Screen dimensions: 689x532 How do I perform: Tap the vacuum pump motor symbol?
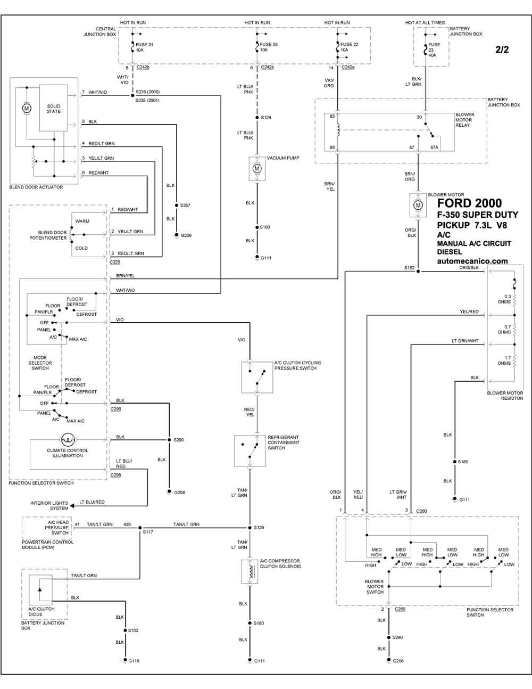pyautogui.click(x=257, y=168)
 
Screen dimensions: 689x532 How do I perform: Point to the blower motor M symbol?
pyautogui.click(x=418, y=206)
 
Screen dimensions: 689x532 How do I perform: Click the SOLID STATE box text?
pyautogui.click(x=54, y=109)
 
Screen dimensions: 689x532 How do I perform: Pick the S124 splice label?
pyautogui.click(x=266, y=117)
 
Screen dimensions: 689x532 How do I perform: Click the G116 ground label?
pyautogui.click(x=133, y=661)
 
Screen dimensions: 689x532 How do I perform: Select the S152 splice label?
pyautogui.click(x=409, y=268)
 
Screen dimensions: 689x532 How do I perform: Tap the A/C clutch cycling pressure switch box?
pyautogui.click(x=257, y=377)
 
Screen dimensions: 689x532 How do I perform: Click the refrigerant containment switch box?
pyautogui.click(x=250, y=450)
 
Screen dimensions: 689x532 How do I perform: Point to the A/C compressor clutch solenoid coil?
pyautogui.click(x=250, y=571)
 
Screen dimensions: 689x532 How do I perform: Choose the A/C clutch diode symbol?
pyautogui.click(x=40, y=589)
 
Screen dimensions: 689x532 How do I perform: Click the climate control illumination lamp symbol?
pyautogui.click(x=67, y=439)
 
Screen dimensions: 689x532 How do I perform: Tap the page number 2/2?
pyautogui.click(x=502, y=50)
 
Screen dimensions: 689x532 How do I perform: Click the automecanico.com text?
pyautogui.click(x=472, y=261)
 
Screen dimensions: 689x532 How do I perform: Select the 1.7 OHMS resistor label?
pyautogui.click(x=504, y=360)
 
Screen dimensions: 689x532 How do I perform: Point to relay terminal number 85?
pyautogui.click(x=332, y=116)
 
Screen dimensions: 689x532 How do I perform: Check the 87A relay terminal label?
pyautogui.click(x=434, y=147)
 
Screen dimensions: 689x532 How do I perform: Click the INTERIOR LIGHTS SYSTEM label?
pyautogui.click(x=49, y=505)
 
